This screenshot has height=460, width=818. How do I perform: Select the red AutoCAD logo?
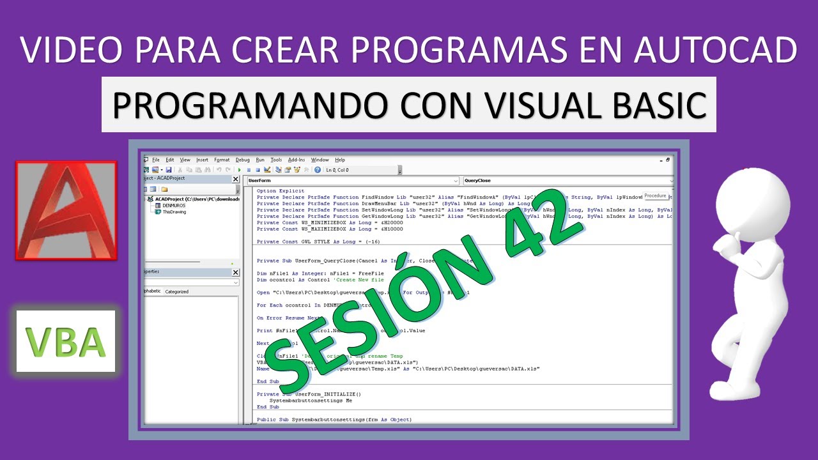click(x=66, y=210)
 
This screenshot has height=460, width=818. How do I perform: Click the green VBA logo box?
click(x=66, y=341)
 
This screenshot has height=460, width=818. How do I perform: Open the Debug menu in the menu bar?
click(x=242, y=160)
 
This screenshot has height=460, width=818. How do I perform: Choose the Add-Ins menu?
click(x=297, y=160)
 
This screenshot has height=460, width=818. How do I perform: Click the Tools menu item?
click(x=276, y=160)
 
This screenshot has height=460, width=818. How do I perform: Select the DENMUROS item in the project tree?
click(x=174, y=206)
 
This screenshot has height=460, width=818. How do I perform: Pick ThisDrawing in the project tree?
click(x=174, y=212)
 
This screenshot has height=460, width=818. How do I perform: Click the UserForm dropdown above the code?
click(x=353, y=181)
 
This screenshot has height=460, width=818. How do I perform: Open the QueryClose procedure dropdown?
click(x=567, y=181)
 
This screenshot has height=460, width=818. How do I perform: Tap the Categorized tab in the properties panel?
click(x=177, y=291)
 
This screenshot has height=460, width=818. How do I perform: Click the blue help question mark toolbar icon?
click(x=318, y=170)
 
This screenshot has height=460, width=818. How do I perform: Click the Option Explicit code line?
click(x=281, y=191)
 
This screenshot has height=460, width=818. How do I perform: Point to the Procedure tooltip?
click(x=655, y=195)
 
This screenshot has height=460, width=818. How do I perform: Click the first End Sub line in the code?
click(x=268, y=381)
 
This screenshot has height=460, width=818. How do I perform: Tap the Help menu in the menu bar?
click(x=340, y=160)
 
